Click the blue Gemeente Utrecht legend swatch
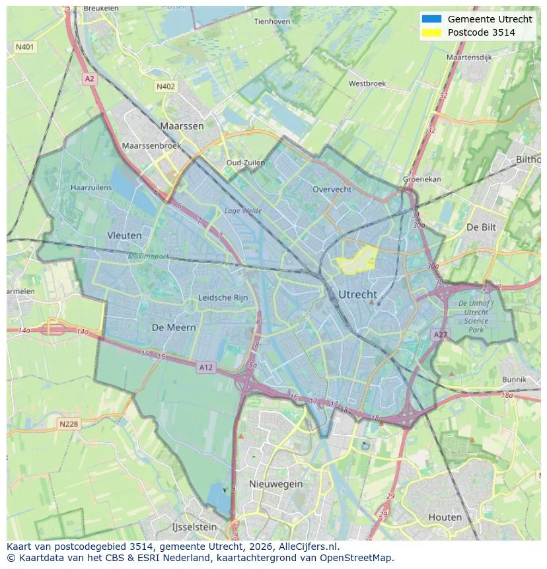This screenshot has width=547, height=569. [x=431, y=19]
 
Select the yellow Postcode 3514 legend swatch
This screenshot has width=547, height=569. [x=431, y=32]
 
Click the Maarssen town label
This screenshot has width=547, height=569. [x=182, y=126]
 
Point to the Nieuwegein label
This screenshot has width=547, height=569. [x=275, y=484]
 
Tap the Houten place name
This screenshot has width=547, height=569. [x=445, y=517]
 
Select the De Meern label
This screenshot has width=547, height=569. [x=174, y=327]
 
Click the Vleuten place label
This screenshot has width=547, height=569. [x=124, y=235]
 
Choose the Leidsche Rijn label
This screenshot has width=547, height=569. [x=223, y=297]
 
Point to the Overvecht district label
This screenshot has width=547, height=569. [x=332, y=189]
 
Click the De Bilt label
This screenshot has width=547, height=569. [x=481, y=227]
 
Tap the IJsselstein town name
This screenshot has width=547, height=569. [x=194, y=527]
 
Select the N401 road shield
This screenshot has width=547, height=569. [x=25, y=47]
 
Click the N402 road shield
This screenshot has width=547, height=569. [x=166, y=86]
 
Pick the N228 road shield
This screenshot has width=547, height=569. [x=68, y=424]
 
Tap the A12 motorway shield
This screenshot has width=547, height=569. [x=205, y=367]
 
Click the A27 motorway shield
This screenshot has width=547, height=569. [x=441, y=335]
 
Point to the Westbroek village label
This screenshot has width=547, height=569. [x=367, y=84]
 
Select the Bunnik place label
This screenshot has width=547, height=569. [x=514, y=379]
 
